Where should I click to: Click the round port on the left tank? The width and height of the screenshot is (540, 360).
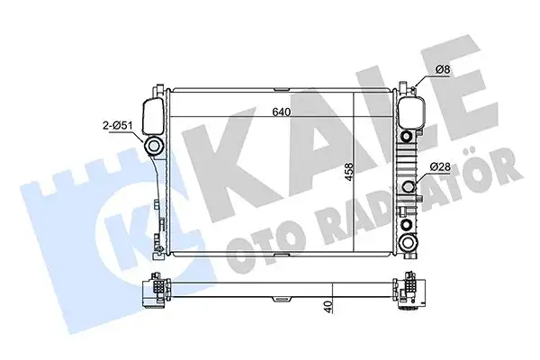click(155, 146)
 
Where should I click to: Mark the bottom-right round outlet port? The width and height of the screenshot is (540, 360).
click(409, 241)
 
